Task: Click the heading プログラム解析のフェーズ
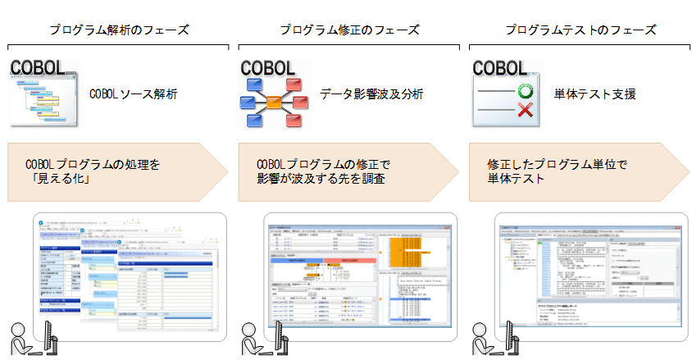click(119, 30)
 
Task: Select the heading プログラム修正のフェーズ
click(349, 30)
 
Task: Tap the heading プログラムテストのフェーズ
click(580, 30)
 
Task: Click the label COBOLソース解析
click(134, 94)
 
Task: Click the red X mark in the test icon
click(525, 111)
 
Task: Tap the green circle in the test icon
click(525, 91)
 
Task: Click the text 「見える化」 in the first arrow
click(60, 179)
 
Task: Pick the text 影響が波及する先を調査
click(321, 179)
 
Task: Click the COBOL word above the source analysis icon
click(41, 67)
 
